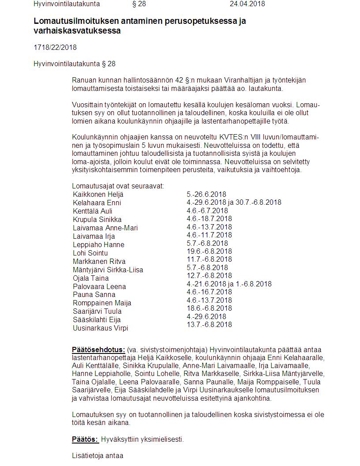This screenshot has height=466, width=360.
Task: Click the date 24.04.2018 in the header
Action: point(247,4)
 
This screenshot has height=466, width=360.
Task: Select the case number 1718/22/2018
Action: point(55,47)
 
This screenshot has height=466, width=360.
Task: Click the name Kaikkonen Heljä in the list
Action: point(98,194)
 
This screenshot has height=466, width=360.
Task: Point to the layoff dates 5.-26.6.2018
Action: point(206,194)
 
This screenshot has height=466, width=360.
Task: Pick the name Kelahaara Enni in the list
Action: point(97,203)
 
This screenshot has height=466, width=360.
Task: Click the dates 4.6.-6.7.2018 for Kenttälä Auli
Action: point(208,210)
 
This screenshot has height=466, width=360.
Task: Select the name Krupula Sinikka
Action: point(97,219)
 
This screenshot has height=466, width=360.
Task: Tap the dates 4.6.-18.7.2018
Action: point(209,218)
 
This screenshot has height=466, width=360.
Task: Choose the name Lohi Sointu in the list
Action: point(90,253)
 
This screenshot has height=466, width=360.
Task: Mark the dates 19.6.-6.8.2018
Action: point(209,251)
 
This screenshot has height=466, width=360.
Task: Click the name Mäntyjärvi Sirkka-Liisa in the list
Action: point(108,270)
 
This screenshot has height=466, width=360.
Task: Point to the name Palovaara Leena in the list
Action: point(99,286)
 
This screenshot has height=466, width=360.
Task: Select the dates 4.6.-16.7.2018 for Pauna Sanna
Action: point(209,292)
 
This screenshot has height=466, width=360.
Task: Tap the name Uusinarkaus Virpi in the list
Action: point(101,328)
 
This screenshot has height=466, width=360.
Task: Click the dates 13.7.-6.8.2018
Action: point(209,324)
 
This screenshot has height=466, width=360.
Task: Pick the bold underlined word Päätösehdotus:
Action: point(98,349)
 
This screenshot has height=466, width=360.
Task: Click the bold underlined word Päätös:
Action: point(85,439)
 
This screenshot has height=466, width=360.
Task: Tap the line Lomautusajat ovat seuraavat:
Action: point(118,186)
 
